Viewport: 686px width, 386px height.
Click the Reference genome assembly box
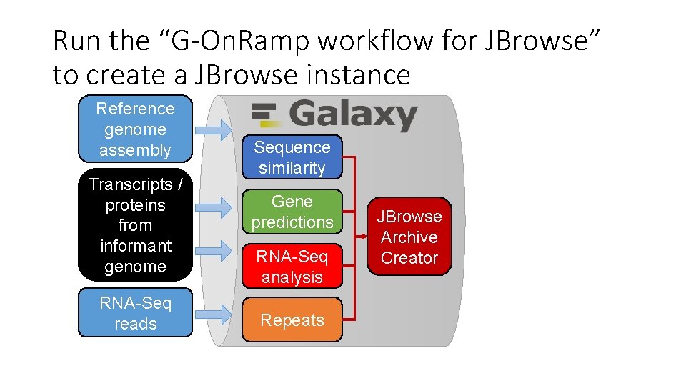pyautogui.click(x=135, y=129)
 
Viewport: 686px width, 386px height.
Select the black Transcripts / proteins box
pyautogui.click(x=135, y=225)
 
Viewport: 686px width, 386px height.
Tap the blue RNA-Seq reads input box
pyautogui.click(x=135, y=313)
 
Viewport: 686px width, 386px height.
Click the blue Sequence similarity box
pyautogui.click(x=292, y=157)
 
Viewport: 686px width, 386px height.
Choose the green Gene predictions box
pyautogui.click(x=292, y=212)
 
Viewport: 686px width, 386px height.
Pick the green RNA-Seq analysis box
pyautogui.click(x=292, y=267)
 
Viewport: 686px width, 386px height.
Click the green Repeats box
pyautogui.click(x=292, y=320)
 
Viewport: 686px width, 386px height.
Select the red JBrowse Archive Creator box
pyautogui.click(x=409, y=237)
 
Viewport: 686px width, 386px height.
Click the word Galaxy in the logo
pyautogui.click(x=353, y=114)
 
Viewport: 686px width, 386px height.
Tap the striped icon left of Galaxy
pyautogui.click(x=265, y=114)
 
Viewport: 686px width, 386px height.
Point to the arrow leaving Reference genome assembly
pyautogui.click(x=213, y=129)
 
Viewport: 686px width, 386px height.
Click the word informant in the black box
pyautogui.click(x=136, y=246)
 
